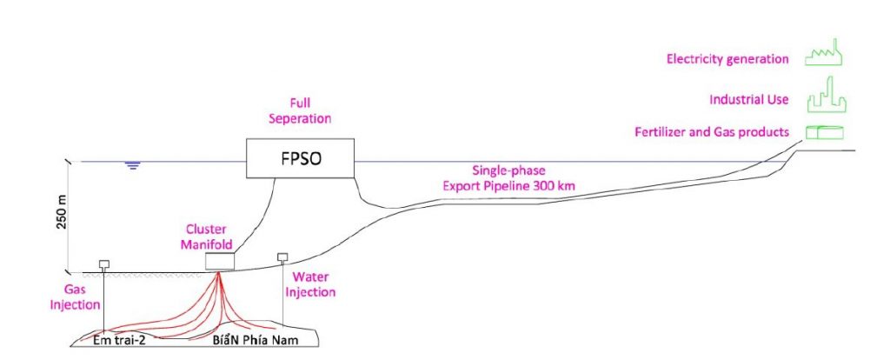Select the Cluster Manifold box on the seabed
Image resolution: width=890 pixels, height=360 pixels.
pyautogui.click(x=218, y=261)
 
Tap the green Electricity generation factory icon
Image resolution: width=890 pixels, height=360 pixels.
pyautogui.click(x=820, y=57)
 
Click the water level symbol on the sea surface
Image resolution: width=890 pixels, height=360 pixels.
pyautogui.click(x=132, y=165)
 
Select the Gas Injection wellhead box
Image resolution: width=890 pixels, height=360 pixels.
pyautogui.click(x=103, y=263)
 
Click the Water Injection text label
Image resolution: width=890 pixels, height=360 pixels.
pyautogui.click(x=310, y=284)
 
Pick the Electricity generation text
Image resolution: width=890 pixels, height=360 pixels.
pyautogui.click(x=727, y=59)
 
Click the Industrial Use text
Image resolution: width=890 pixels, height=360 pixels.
pyautogui.click(x=748, y=99)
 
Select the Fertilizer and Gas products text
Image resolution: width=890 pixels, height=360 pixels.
pyautogui.click(x=711, y=132)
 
